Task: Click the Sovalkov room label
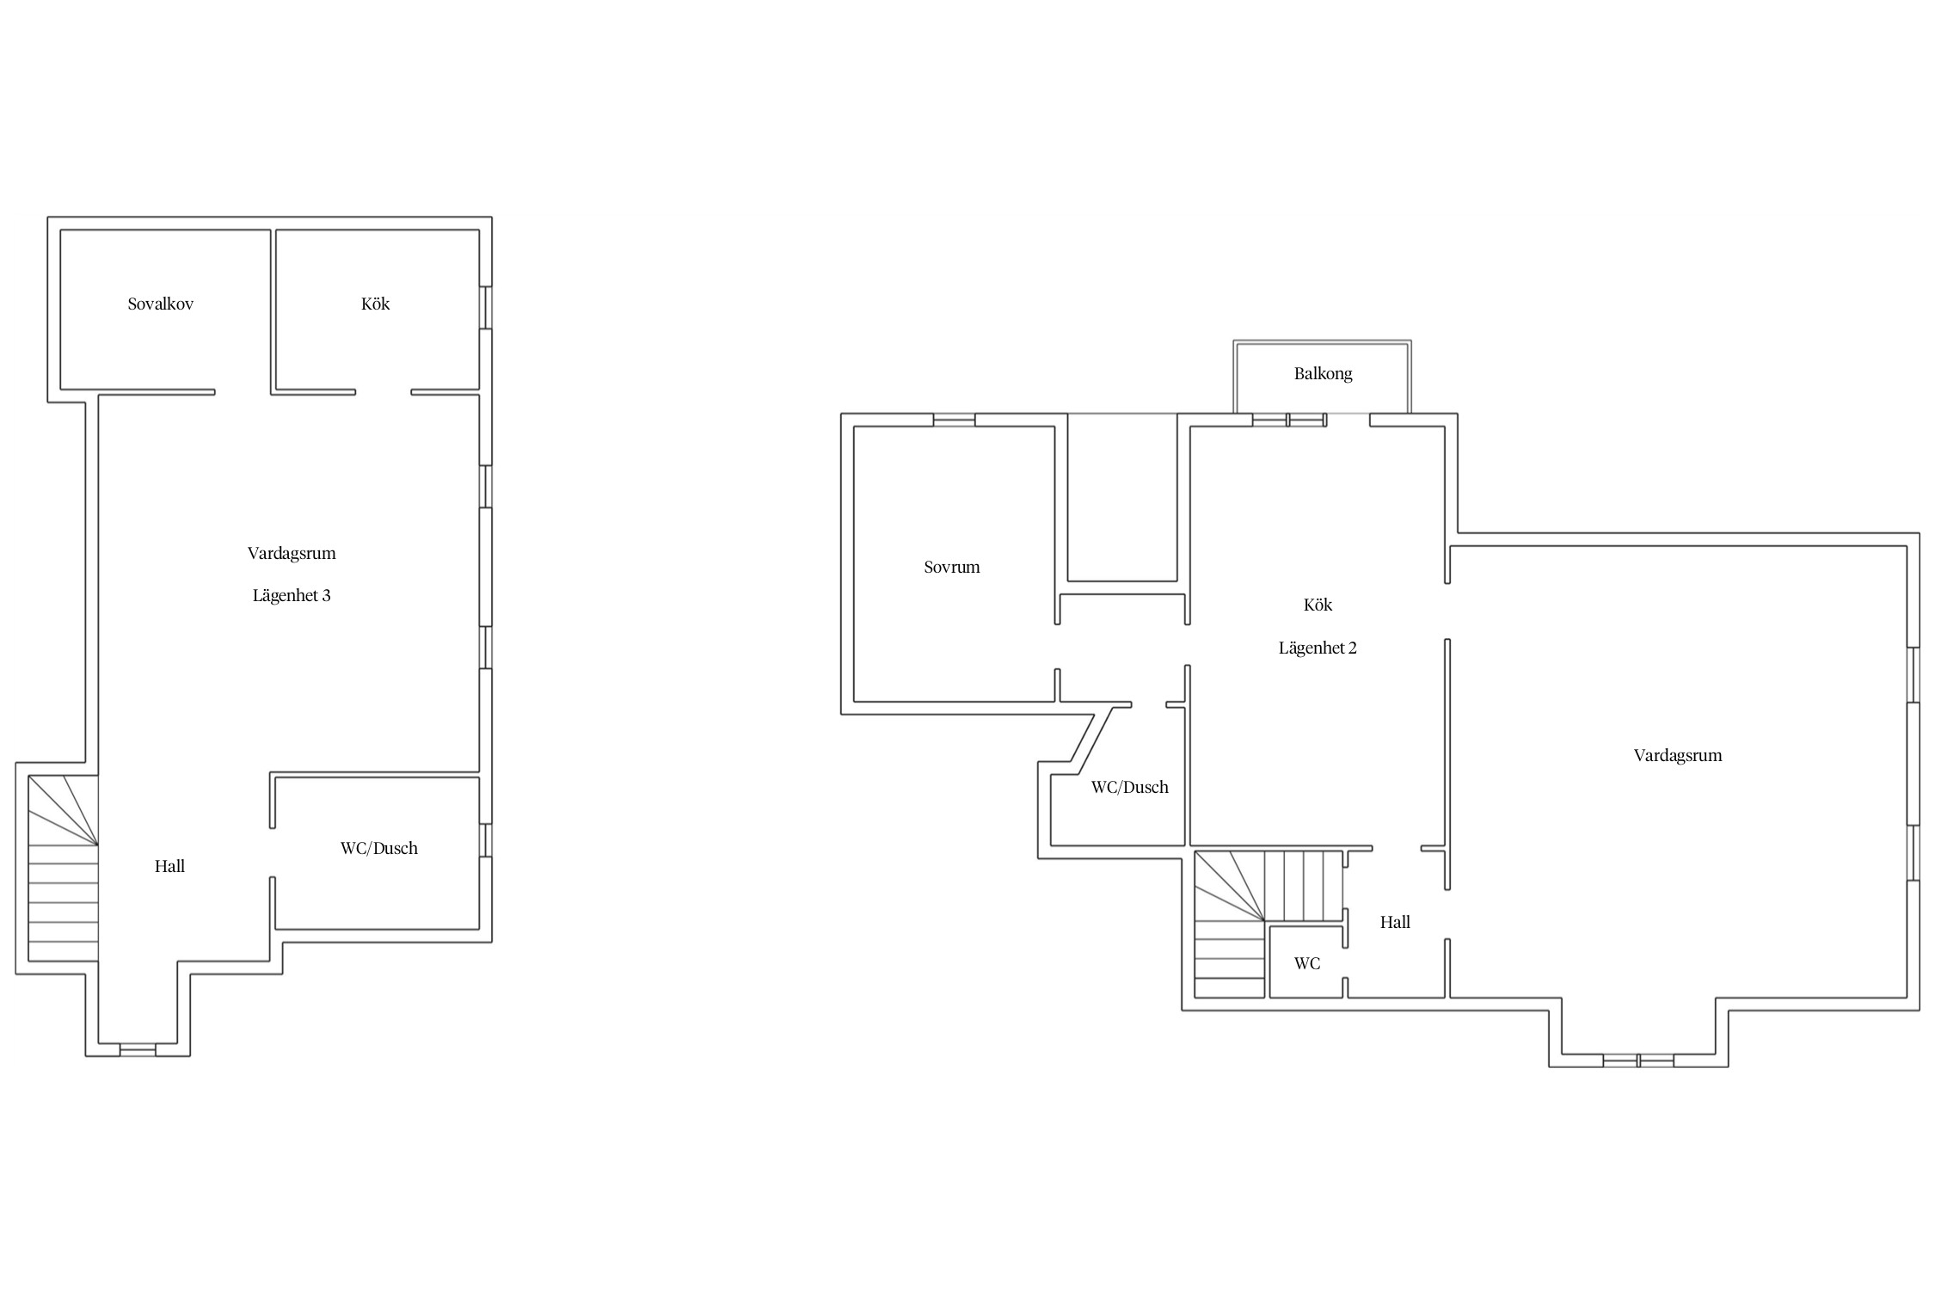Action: pyautogui.click(x=161, y=304)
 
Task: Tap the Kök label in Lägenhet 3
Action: pyautogui.click(x=376, y=304)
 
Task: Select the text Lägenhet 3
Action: pyautogui.click(x=292, y=595)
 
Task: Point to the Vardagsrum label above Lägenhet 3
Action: pyautogui.click(x=292, y=553)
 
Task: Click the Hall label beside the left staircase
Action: pyautogui.click(x=170, y=866)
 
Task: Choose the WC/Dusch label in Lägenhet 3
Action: pyautogui.click(x=379, y=848)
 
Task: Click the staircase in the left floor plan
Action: pyautogui.click(x=64, y=868)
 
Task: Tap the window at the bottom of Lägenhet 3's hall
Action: pyautogui.click(x=138, y=1049)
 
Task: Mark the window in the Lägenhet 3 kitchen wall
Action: pyautogui.click(x=486, y=307)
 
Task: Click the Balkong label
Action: pyautogui.click(x=1324, y=373)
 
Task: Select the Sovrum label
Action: pyautogui.click(x=952, y=567)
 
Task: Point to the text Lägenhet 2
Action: pyautogui.click(x=1318, y=648)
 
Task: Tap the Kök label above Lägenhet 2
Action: pyautogui.click(x=1318, y=605)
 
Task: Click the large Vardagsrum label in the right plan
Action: pyautogui.click(x=1678, y=755)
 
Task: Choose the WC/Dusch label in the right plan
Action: pyautogui.click(x=1130, y=787)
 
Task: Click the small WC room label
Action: pyautogui.click(x=1307, y=963)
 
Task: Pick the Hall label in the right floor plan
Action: pyautogui.click(x=1395, y=922)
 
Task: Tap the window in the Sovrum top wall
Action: pyautogui.click(x=955, y=420)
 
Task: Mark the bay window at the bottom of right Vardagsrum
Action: pyautogui.click(x=1638, y=1060)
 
